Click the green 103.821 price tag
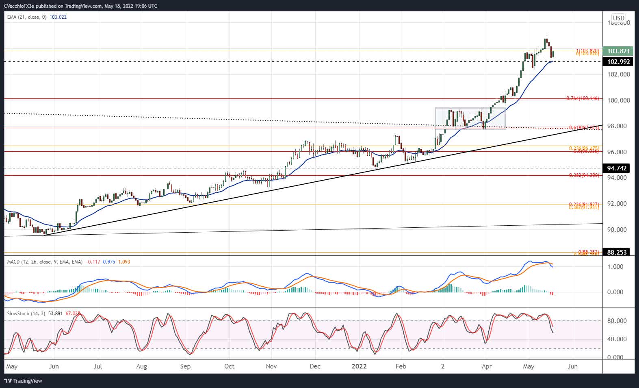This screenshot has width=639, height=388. (x=618, y=51)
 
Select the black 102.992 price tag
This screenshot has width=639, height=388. (x=618, y=62)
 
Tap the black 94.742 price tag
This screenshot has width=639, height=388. (x=617, y=168)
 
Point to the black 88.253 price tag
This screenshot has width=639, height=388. (x=617, y=252)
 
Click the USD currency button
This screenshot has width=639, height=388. (x=618, y=18)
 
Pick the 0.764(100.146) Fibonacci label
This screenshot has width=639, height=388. (x=583, y=98)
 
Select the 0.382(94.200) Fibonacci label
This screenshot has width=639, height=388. (x=584, y=175)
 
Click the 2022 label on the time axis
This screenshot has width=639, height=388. (x=359, y=366)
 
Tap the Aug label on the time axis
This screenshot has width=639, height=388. (x=141, y=366)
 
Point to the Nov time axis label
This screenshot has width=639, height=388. (x=271, y=366)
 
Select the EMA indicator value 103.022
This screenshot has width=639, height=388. (x=58, y=17)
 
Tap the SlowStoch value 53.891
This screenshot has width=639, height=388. (x=55, y=314)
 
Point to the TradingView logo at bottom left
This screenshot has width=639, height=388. (x=24, y=381)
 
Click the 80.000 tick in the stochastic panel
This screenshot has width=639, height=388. (x=615, y=321)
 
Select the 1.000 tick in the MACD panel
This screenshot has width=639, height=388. (x=615, y=267)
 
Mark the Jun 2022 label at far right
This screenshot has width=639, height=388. (x=572, y=366)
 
